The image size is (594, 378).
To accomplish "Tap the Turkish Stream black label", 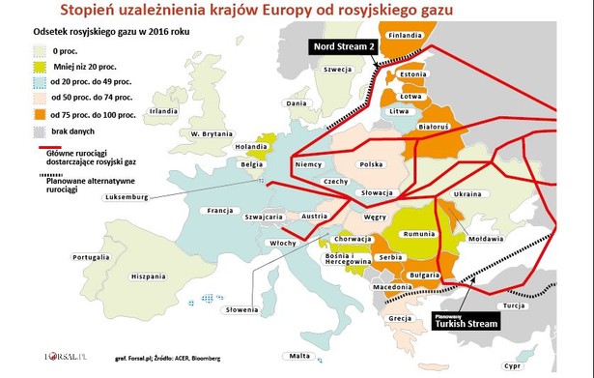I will pos(465,322).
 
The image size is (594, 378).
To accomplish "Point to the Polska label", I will pos(372,164).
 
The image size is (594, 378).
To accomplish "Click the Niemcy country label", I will pos(307,165).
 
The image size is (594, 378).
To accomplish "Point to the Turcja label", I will pos(540,305).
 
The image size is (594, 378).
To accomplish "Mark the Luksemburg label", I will pos(127,198).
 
